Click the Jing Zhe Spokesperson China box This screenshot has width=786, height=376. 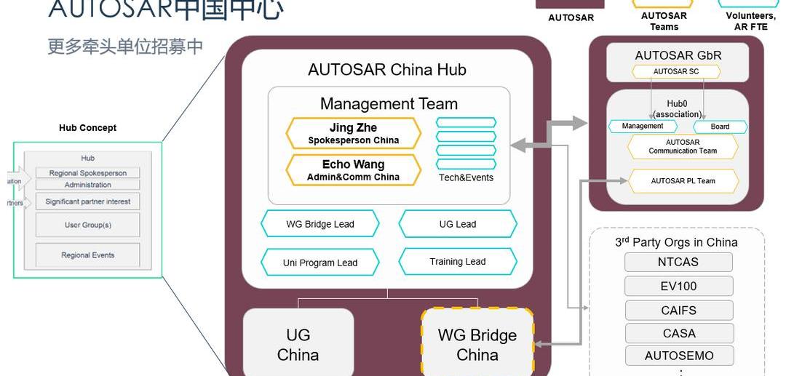(x=354, y=134)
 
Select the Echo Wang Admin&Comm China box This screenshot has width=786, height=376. (x=354, y=170)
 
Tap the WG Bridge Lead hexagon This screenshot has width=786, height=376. (x=320, y=224)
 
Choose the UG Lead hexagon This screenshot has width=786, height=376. (x=458, y=224)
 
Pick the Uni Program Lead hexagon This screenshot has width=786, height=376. (x=320, y=263)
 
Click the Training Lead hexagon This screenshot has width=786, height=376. (x=458, y=262)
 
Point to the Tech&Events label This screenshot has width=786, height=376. (x=466, y=177)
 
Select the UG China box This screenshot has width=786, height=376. (x=298, y=345)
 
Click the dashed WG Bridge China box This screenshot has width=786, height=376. (x=477, y=345)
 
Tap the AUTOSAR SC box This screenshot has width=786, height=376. (x=676, y=72)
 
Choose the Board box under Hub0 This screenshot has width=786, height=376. (x=720, y=127)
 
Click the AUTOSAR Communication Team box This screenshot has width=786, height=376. (x=683, y=147)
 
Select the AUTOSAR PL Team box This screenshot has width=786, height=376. (x=683, y=181)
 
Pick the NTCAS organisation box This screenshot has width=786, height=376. (x=678, y=263)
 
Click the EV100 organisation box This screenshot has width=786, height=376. (x=678, y=286)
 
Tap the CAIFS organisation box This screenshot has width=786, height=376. (x=678, y=311)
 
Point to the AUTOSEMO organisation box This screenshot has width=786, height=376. (x=678, y=356)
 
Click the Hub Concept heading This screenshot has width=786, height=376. (x=87, y=128)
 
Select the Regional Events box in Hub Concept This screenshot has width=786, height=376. (x=87, y=255)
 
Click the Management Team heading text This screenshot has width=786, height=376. (x=389, y=104)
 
